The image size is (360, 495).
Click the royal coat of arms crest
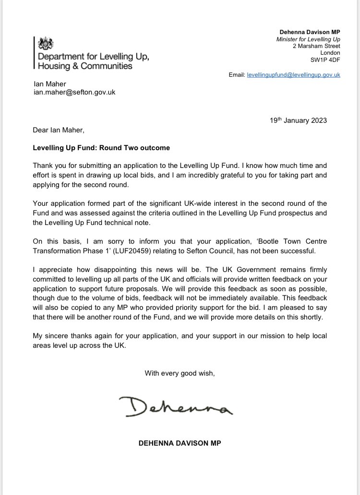tap(46, 44)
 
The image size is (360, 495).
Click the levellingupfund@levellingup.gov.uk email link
tap(293, 75)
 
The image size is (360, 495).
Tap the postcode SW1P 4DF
tap(325, 60)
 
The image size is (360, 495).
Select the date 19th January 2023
tap(298, 120)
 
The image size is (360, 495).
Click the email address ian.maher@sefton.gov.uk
tap(74, 93)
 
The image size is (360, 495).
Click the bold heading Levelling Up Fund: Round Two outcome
tap(101, 148)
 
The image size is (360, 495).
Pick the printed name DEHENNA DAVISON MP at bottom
tap(180, 444)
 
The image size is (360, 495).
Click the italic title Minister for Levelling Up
tap(308, 39)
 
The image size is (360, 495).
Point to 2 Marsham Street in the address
tap(316, 46)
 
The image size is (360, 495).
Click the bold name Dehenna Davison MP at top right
tap(310, 32)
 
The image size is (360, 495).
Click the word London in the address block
tap(330, 53)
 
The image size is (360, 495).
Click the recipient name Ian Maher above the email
tap(49, 84)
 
